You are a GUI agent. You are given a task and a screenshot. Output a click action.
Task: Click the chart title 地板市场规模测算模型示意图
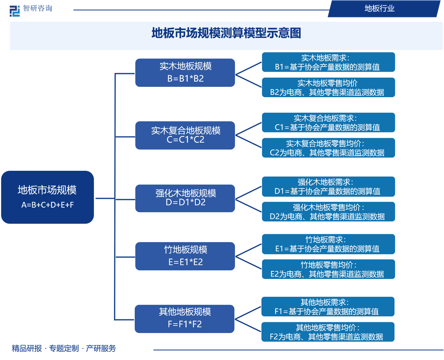coord(226,33)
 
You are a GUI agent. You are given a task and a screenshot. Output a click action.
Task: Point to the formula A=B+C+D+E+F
coord(47,204)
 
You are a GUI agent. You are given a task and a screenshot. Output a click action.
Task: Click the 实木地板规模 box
coord(185,72)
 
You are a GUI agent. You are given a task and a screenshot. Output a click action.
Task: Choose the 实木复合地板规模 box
coord(185,135)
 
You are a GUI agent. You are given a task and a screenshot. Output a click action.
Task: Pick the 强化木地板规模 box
coord(185,198)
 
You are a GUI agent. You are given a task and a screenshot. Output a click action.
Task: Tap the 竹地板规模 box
coord(185,256)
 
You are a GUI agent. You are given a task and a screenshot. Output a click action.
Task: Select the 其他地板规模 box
coord(185,318)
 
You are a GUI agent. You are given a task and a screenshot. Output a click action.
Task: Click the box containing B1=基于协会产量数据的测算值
coord(328,62)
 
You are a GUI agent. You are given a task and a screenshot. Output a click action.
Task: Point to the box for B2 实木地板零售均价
coord(328,88)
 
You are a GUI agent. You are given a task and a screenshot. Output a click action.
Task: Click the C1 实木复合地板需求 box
coord(328,123)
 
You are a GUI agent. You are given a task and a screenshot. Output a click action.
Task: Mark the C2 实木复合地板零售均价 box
coord(328,148)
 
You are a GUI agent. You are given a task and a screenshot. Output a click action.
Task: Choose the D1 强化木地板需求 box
coord(328,186)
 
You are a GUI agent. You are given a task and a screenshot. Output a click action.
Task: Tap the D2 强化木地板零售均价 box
coord(328,212)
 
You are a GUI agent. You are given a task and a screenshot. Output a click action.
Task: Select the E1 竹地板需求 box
coord(328,244)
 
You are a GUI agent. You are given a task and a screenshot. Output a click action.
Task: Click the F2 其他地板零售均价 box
coord(328,332)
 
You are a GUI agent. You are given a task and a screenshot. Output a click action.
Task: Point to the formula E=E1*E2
coord(185,262)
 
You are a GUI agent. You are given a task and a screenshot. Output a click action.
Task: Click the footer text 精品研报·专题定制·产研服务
coord(64,348)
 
